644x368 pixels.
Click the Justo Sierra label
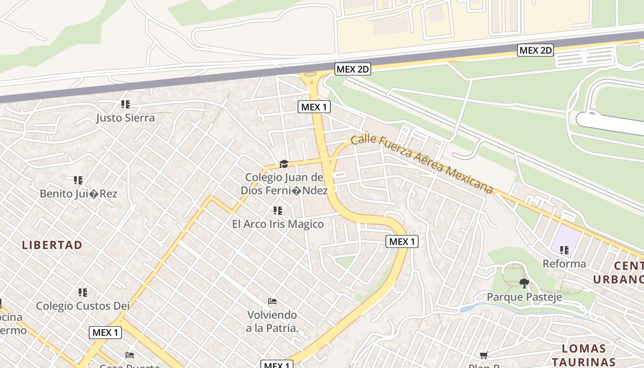[125, 118]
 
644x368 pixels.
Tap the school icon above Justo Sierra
[125, 104]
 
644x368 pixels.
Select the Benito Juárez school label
[78, 194]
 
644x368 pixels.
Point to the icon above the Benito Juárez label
[78, 180]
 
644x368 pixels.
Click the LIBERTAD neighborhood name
[52, 245]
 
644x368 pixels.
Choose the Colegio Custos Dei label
[83, 306]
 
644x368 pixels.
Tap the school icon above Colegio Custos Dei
[83, 292]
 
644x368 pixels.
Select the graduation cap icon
[284, 164]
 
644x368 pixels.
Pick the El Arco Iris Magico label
[278, 224]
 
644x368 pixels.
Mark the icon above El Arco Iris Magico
[278, 211]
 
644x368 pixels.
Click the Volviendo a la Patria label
[272, 322]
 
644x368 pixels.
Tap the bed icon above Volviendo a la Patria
[272, 301]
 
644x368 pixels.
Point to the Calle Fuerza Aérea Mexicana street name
[421, 163]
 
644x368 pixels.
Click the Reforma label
[564, 264]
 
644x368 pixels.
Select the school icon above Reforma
[564, 250]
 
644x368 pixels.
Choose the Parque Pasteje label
[524, 297]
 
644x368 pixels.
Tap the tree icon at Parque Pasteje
[524, 283]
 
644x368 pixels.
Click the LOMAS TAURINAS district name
[584, 355]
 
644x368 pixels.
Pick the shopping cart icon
[483, 355]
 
